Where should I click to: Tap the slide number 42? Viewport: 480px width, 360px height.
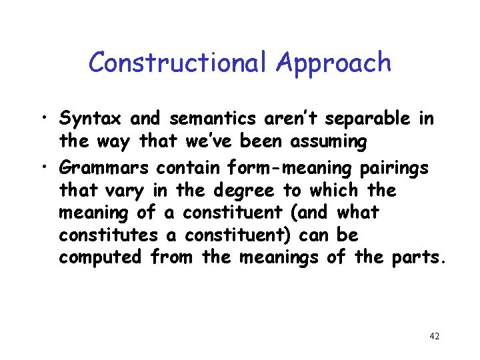coord(434,336)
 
